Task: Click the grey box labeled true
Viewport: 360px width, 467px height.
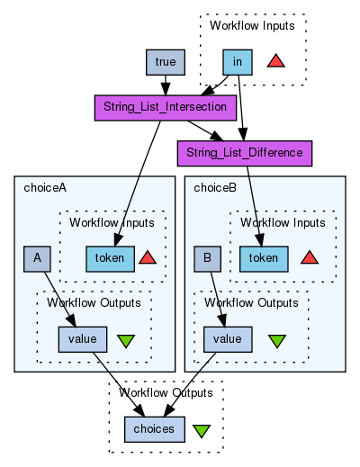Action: pos(166,62)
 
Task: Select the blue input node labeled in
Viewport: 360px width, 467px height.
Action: pos(238,62)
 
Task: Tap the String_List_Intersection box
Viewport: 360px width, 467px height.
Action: pos(166,108)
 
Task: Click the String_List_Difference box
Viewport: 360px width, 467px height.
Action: pos(245,154)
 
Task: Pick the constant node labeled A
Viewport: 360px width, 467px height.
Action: pos(37,259)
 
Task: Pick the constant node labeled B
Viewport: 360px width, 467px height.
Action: pos(207,259)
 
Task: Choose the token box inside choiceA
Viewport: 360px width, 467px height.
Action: pos(110,259)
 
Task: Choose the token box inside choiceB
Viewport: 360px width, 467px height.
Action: pos(264,259)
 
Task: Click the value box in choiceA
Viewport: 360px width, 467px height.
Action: pos(83,339)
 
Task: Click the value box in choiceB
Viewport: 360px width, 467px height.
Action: pos(228,339)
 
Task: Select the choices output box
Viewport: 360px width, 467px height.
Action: pos(155,429)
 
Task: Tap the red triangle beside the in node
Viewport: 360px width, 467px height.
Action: pos(275,62)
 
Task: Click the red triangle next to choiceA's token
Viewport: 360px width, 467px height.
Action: pos(148,258)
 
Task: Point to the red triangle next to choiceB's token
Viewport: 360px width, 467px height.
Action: pos(310,258)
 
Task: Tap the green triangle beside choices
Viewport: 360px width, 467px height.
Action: pos(202,430)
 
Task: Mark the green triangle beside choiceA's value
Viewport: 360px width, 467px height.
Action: pos(126,341)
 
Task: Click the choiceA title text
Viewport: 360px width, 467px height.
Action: pos(45,188)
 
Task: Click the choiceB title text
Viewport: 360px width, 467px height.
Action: pos(215,188)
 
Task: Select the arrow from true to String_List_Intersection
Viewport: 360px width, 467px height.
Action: pos(166,85)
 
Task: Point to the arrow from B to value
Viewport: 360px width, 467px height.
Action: pos(218,300)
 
